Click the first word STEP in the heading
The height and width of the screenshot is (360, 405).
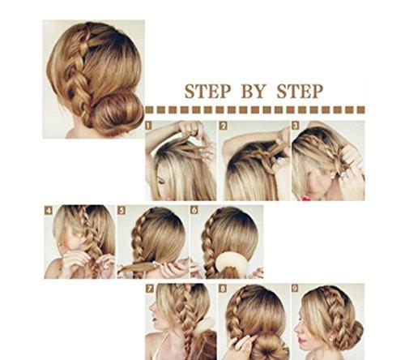point(206,90)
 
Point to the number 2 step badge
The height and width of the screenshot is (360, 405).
point(223,126)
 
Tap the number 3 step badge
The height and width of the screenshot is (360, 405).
point(296,126)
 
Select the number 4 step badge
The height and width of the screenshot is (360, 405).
point(49,210)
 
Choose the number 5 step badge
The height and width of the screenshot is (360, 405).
point(122,210)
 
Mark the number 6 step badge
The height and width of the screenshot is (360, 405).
point(194,210)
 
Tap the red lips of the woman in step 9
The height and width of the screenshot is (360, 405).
point(303,335)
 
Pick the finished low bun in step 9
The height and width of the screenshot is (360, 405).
point(351,332)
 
